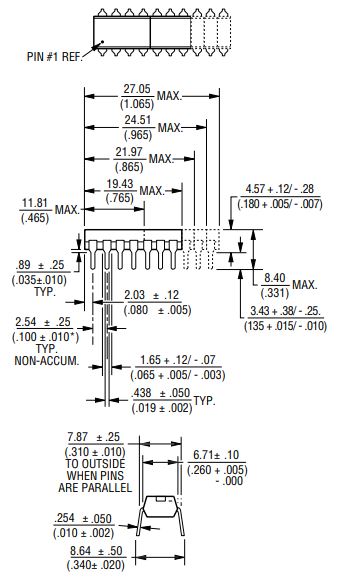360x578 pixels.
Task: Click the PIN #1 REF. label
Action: point(54,57)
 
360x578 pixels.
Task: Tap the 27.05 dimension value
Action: point(137,89)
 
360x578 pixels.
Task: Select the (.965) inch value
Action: point(138,135)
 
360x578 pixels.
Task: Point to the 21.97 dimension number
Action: point(129,152)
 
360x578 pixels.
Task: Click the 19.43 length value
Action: point(120,184)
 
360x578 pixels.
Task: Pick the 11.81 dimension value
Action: point(35,203)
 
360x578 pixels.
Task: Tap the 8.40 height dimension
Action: point(275,278)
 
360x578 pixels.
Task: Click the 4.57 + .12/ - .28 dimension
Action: point(280,189)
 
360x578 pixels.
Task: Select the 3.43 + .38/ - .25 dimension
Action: point(285,311)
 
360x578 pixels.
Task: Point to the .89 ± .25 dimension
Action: point(40,265)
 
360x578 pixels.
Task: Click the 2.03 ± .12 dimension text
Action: point(151,295)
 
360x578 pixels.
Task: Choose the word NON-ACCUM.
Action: point(47,361)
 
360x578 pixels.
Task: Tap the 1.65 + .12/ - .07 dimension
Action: point(178,360)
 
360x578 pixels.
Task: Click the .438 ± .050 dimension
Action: point(161,393)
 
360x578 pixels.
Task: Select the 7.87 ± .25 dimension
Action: point(94,437)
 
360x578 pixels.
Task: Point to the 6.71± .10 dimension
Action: point(216,455)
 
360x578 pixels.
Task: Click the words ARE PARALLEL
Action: point(95,488)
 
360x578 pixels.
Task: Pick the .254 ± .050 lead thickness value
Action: point(83,518)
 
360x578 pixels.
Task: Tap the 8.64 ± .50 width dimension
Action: point(96,551)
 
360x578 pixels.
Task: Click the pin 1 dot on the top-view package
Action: point(102,42)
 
